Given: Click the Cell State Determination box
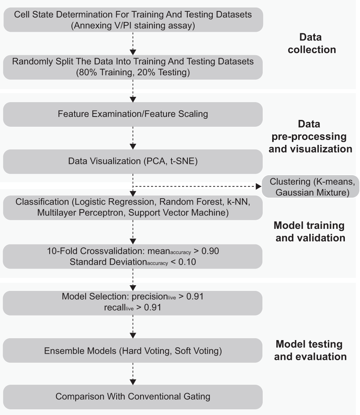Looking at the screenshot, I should point(133,20).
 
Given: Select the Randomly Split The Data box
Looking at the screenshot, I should point(133,67).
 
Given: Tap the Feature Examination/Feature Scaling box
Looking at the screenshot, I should point(133,114).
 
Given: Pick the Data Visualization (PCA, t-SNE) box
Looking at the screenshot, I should point(133,161).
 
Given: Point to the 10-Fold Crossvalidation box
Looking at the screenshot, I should point(133,256).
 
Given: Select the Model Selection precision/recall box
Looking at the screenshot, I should point(133,302).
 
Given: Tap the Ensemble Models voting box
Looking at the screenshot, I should point(133,351).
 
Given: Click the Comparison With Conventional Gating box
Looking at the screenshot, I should point(133,397).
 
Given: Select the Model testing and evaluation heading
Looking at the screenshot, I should point(310,350).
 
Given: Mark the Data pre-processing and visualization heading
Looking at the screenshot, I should point(310,137).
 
